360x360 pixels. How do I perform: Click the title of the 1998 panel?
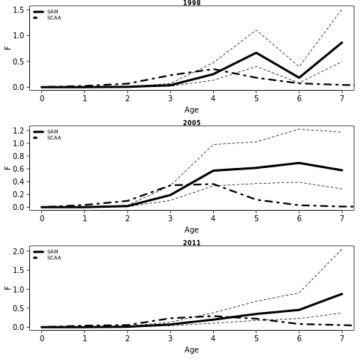pos(192,3)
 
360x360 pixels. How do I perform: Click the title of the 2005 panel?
pos(192,123)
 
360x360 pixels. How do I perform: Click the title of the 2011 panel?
pos(192,243)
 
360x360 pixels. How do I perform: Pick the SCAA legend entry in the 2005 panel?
pos(47,138)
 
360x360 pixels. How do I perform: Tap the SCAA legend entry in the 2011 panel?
pos(47,258)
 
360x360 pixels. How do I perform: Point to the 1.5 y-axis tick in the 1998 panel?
pos(18,10)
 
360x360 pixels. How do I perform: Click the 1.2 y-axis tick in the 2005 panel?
pos(18,130)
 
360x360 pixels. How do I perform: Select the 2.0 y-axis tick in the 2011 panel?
pos(18,251)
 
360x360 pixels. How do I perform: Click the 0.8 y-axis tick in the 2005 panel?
pos(18,156)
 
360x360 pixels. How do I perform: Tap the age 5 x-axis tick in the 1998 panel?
pos(256,98)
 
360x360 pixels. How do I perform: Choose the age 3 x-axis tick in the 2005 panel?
pos(170,218)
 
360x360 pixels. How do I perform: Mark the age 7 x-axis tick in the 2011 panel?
pos(342,338)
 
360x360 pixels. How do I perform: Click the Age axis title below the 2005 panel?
pos(191,229)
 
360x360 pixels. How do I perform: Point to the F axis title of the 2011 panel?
pos(8,288)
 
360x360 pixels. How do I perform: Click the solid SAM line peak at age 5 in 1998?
pos(256,52)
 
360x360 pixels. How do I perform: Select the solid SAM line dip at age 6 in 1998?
pos(299,78)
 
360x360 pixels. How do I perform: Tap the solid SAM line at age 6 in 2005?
pos(299,163)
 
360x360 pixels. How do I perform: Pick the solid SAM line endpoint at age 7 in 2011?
pos(342,294)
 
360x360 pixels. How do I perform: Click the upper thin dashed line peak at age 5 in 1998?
pos(256,30)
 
